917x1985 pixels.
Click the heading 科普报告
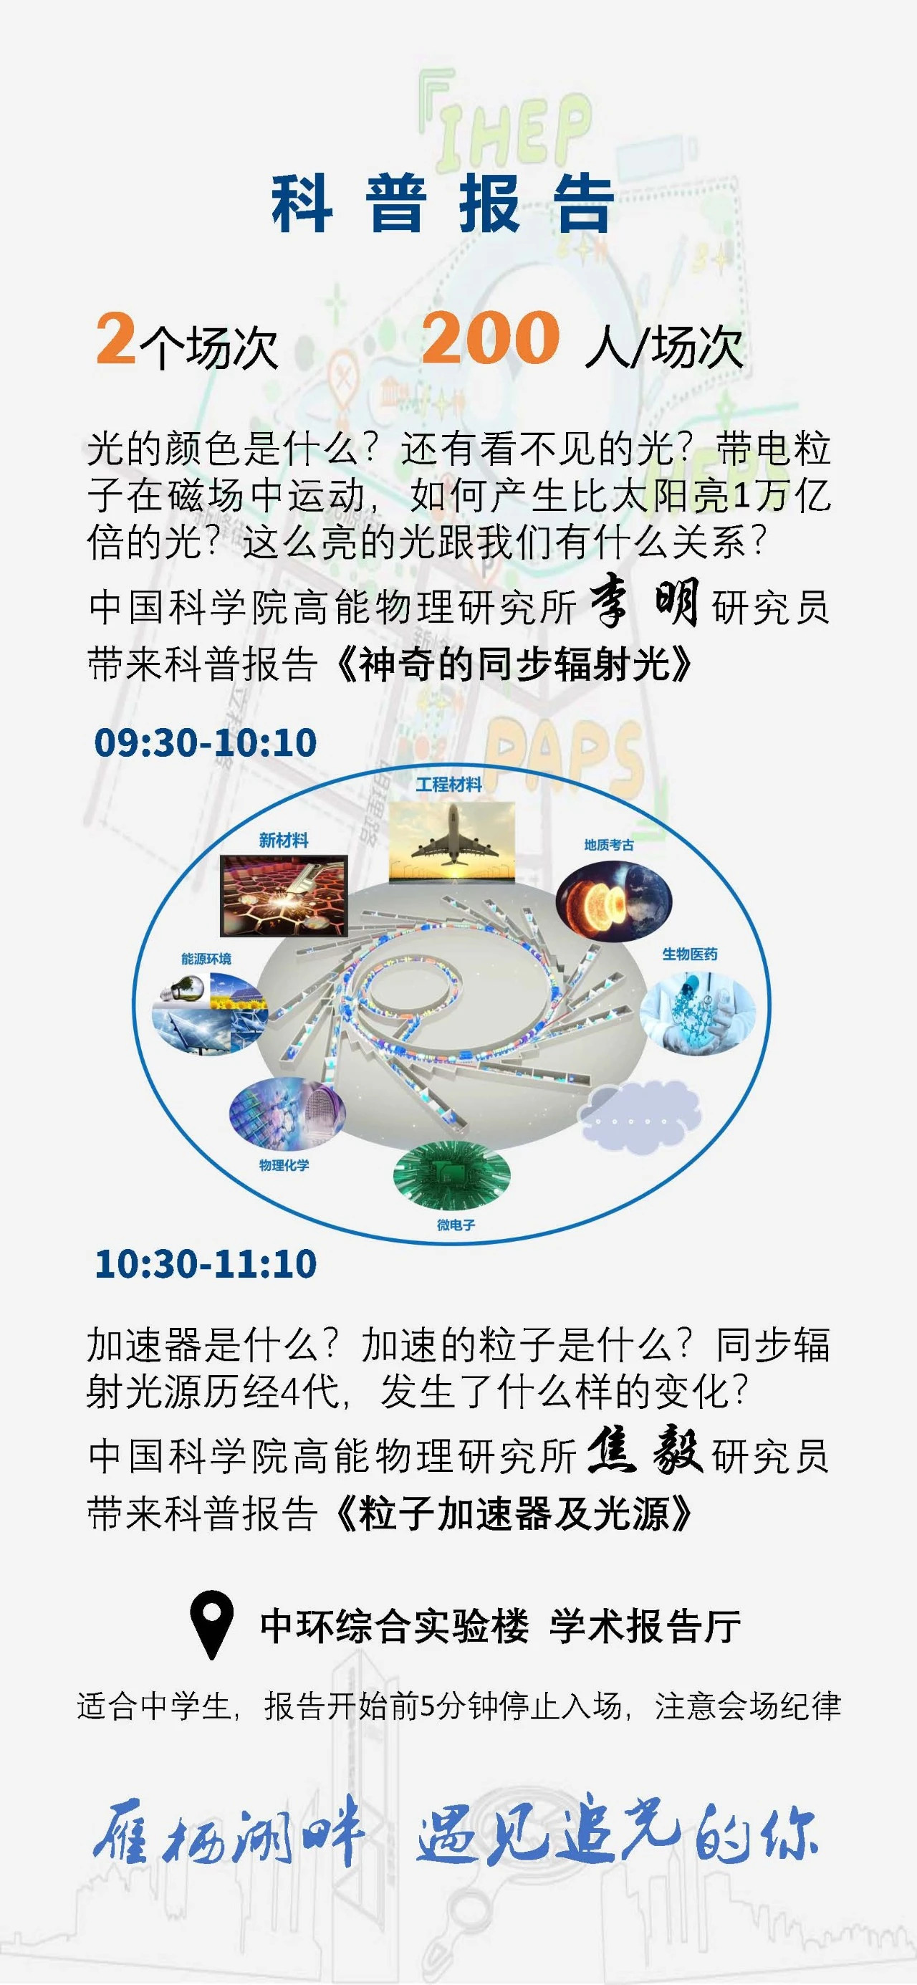(x=442, y=204)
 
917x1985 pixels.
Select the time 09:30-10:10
(x=205, y=743)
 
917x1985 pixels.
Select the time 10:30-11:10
(x=206, y=1265)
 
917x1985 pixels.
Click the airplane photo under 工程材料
(x=451, y=841)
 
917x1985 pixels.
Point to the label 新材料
(x=284, y=840)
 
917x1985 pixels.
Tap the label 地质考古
(x=609, y=845)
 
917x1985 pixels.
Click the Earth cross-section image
(x=614, y=901)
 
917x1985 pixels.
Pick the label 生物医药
(x=690, y=954)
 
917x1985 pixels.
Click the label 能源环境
(x=206, y=959)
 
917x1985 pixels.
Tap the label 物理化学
(x=284, y=1165)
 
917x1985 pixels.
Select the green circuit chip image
(x=451, y=1175)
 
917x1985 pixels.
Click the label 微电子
(x=456, y=1225)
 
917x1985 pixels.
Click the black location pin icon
(x=211, y=1627)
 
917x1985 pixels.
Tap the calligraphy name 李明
(x=644, y=605)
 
